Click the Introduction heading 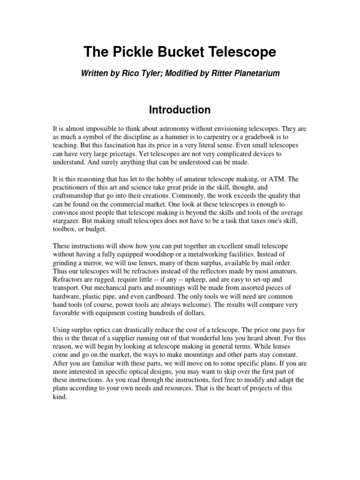tap(180, 110)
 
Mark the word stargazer tap(68, 222)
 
